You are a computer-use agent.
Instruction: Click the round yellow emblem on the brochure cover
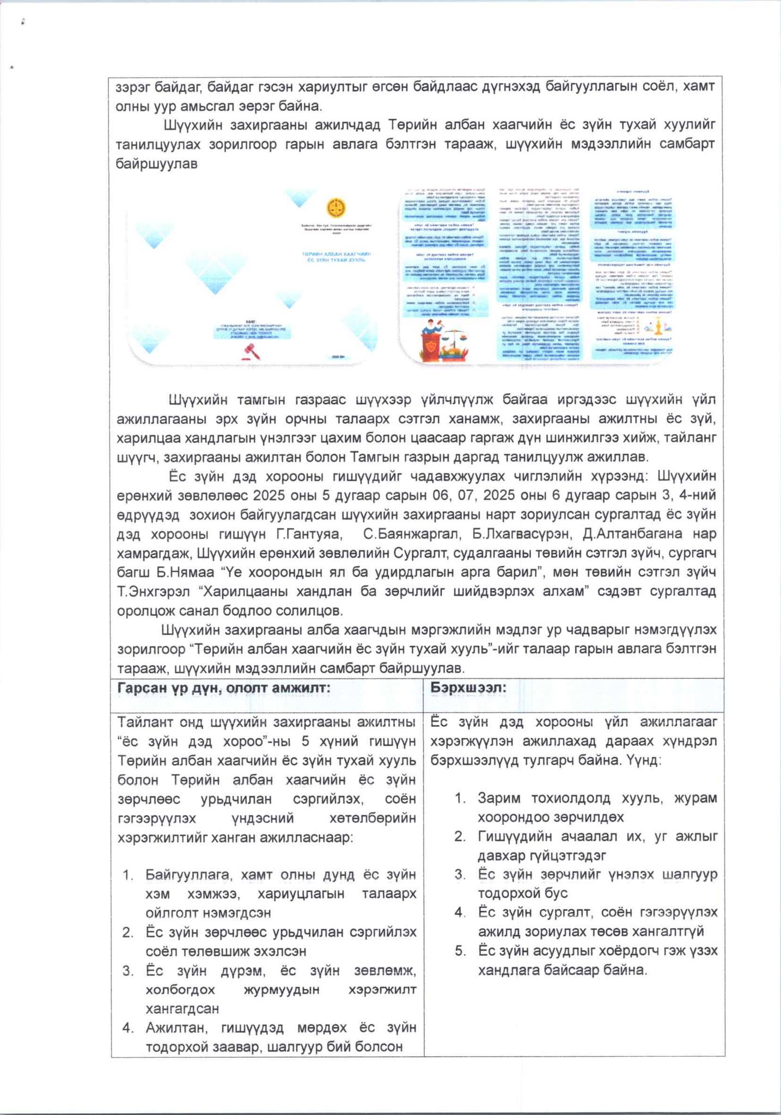[335, 208]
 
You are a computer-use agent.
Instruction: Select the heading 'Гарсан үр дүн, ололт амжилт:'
[224, 688]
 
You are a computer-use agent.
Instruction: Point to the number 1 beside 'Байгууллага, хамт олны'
[128, 875]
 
